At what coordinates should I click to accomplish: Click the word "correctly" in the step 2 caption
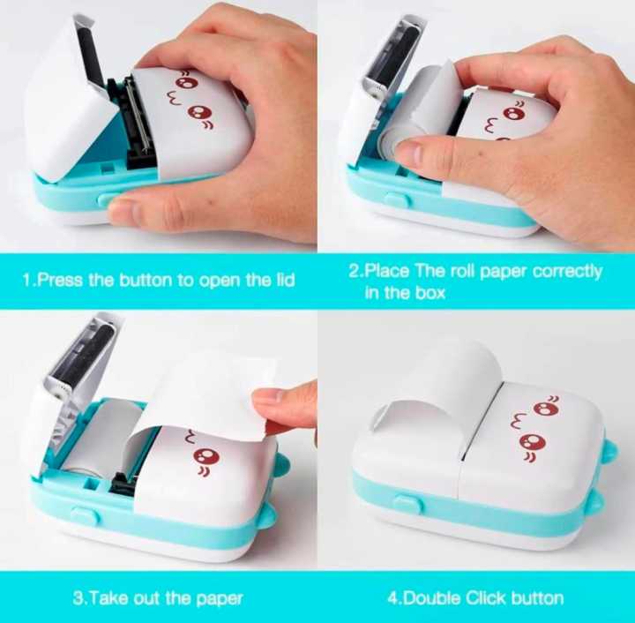(564, 271)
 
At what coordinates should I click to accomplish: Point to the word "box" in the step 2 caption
(427, 292)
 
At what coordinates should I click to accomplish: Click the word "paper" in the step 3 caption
(217, 598)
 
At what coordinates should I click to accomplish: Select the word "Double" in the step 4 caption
(434, 598)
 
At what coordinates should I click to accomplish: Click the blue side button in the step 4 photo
(407, 504)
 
